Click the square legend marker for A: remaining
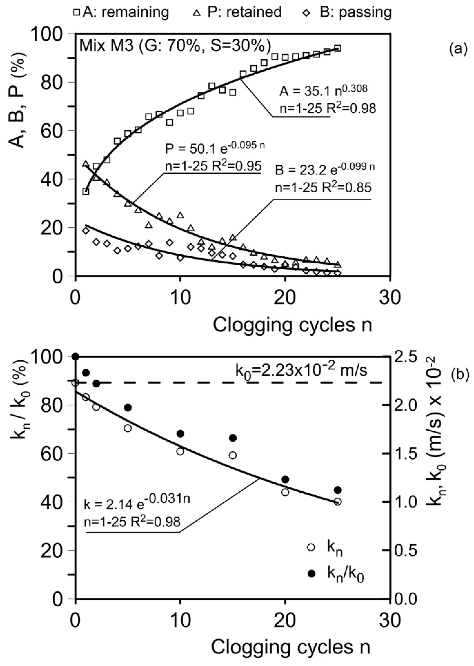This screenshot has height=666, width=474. point(77,12)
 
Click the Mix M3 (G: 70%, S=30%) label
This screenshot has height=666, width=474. point(175,46)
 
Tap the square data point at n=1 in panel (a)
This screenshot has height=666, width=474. point(86,192)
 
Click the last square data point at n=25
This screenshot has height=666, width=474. point(338,48)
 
